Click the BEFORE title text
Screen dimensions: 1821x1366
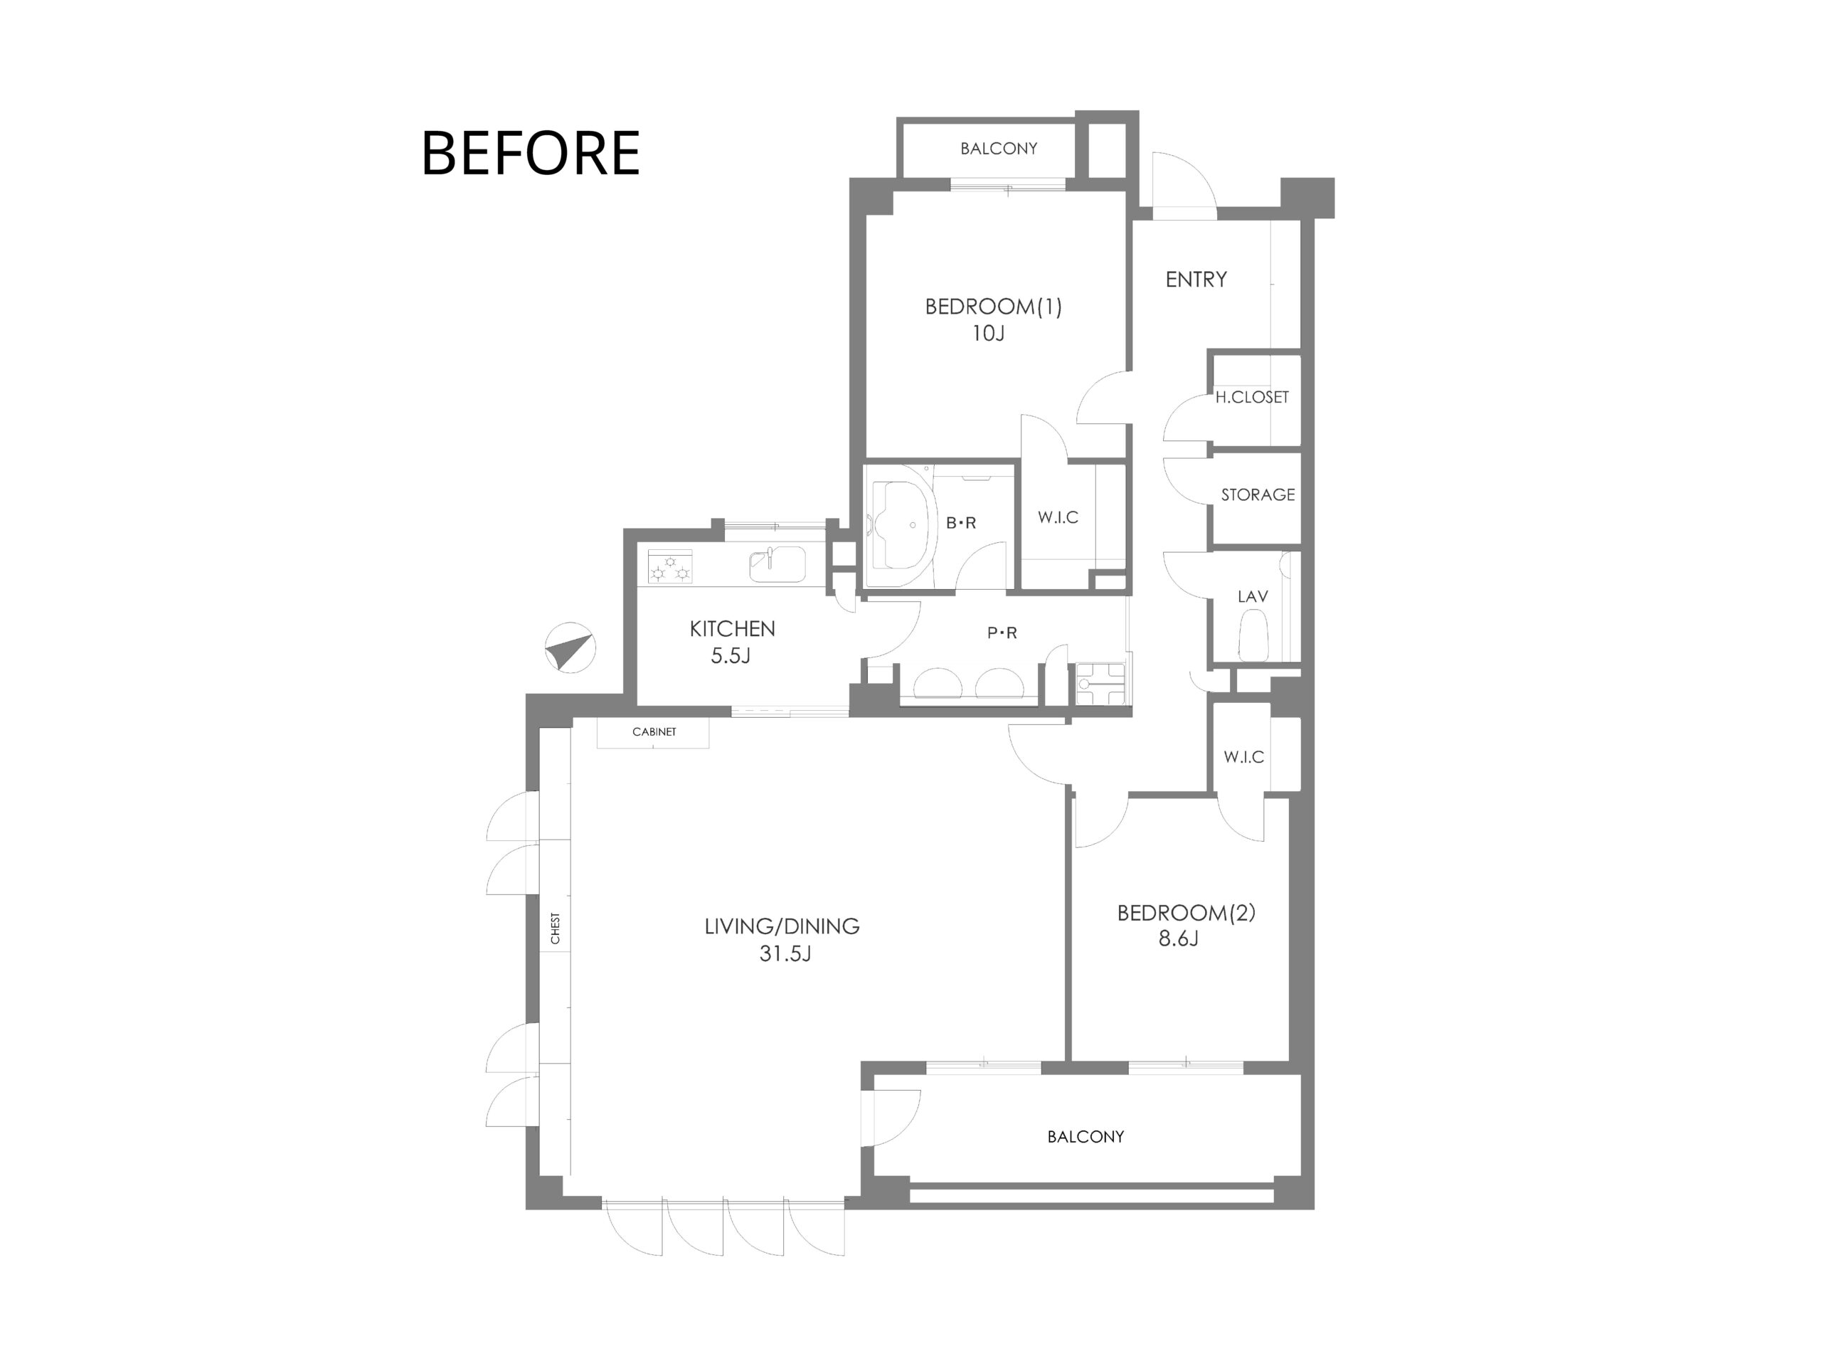530,153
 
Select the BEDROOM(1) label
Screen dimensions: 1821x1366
993,307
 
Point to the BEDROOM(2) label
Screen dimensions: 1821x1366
1186,912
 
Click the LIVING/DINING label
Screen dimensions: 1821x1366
782,926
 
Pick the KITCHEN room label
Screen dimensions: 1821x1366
732,629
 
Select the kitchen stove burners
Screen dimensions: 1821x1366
669,566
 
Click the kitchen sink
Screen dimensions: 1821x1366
777,565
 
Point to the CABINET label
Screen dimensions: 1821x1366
654,732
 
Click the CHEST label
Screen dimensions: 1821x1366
556,928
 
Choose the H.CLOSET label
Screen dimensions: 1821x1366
1252,397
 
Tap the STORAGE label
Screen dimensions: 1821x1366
1258,495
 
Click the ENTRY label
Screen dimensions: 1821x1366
1196,280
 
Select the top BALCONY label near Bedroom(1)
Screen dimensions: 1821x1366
999,149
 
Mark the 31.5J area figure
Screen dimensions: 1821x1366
785,954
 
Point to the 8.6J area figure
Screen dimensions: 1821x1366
1178,938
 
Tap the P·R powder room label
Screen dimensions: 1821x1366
1002,633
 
